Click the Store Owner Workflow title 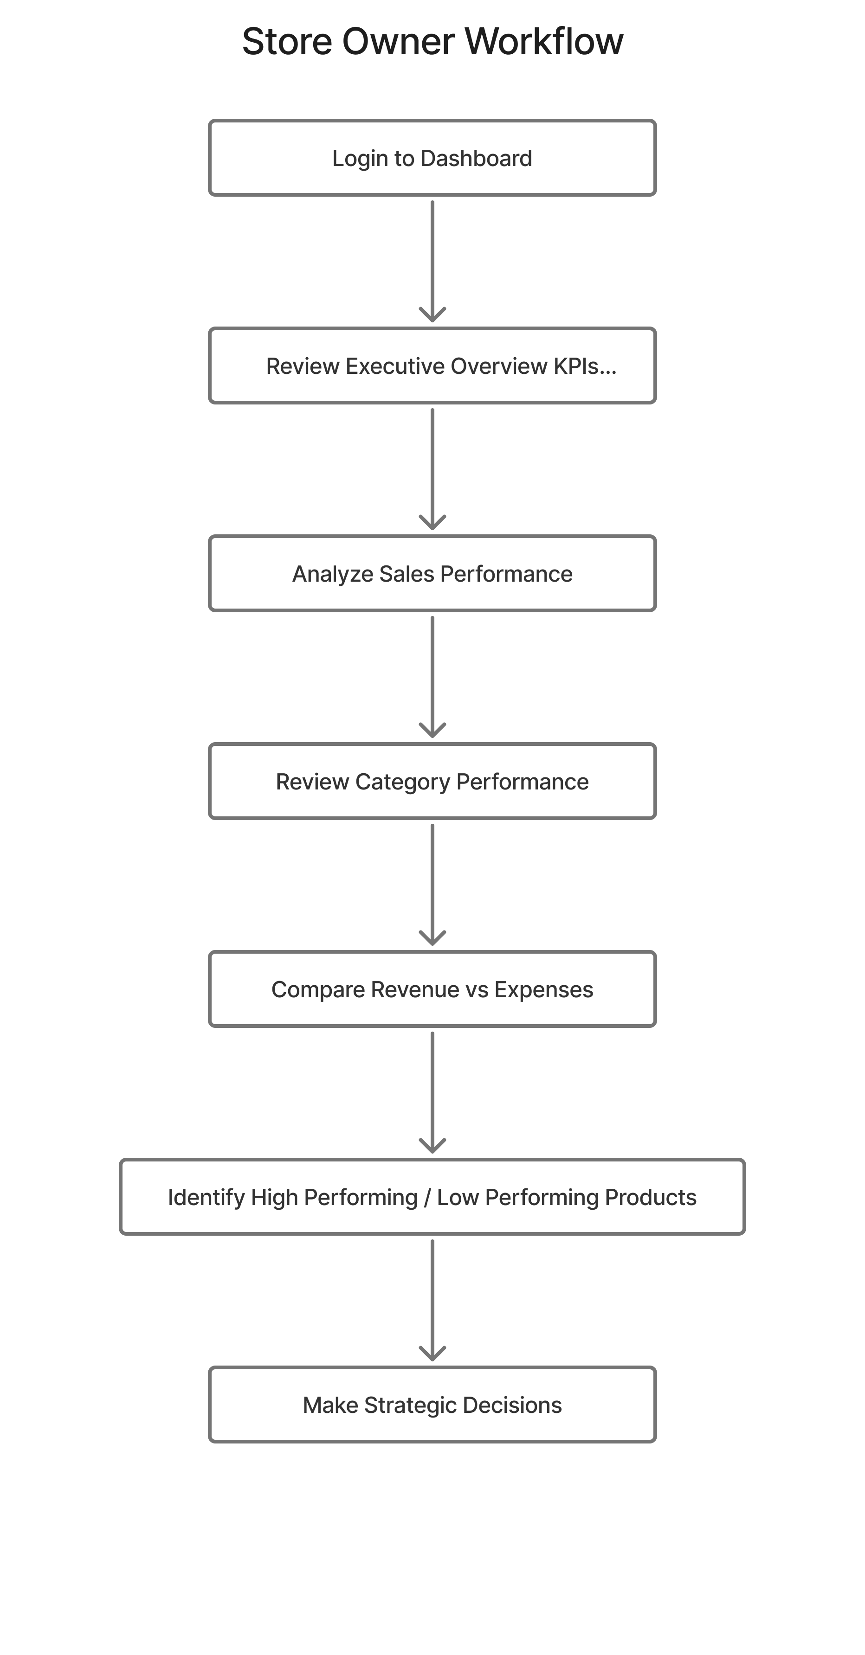pyautogui.click(x=432, y=42)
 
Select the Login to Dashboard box pyautogui.click(x=432, y=158)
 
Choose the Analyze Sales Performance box pyautogui.click(x=432, y=574)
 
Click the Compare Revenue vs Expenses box pyautogui.click(x=432, y=989)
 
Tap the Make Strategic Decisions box pyautogui.click(x=432, y=1405)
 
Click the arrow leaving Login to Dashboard pyautogui.click(x=432, y=260)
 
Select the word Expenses pyautogui.click(x=544, y=989)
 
